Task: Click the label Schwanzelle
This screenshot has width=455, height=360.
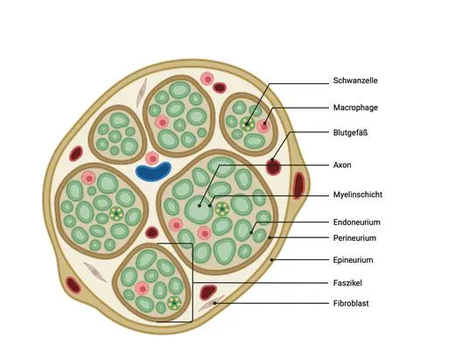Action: (x=355, y=81)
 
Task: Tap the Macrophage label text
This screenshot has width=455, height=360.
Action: (x=355, y=108)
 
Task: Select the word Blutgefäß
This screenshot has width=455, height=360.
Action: (x=350, y=132)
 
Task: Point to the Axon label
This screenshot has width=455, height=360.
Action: (x=342, y=165)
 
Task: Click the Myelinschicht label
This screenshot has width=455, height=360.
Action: (x=358, y=194)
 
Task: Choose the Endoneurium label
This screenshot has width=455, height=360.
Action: (x=357, y=222)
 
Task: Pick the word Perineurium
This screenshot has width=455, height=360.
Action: (x=354, y=238)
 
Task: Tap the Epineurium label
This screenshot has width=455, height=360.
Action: (x=353, y=260)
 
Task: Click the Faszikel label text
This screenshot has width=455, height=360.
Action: (x=347, y=283)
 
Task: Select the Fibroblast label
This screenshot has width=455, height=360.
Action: (x=351, y=303)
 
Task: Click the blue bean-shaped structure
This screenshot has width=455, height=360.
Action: (x=153, y=172)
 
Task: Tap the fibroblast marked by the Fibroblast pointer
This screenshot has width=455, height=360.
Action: (x=211, y=303)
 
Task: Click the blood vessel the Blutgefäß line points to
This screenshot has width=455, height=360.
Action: (x=273, y=167)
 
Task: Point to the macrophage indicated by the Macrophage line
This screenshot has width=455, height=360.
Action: (x=263, y=126)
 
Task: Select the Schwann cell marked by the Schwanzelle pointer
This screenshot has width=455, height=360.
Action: (x=248, y=124)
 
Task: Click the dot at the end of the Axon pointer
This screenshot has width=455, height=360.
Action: (x=199, y=206)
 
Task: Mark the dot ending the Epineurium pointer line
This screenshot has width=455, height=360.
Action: (x=271, y=259)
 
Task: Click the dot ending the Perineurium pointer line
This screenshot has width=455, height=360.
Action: (x=269, y=237)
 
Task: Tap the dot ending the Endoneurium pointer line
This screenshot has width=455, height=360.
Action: (x=251, y=233)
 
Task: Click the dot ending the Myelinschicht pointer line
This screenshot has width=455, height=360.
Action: (x=210, y=206)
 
